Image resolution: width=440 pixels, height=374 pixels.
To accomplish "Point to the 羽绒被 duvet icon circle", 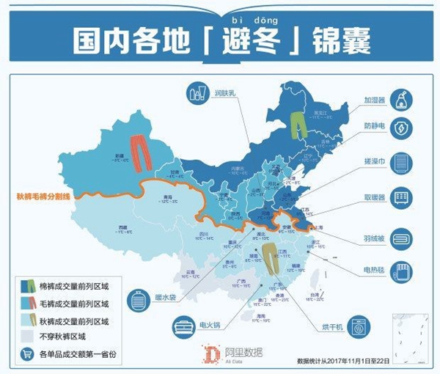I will pos(401,237).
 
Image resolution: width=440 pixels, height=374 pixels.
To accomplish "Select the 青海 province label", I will pos(167,198).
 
